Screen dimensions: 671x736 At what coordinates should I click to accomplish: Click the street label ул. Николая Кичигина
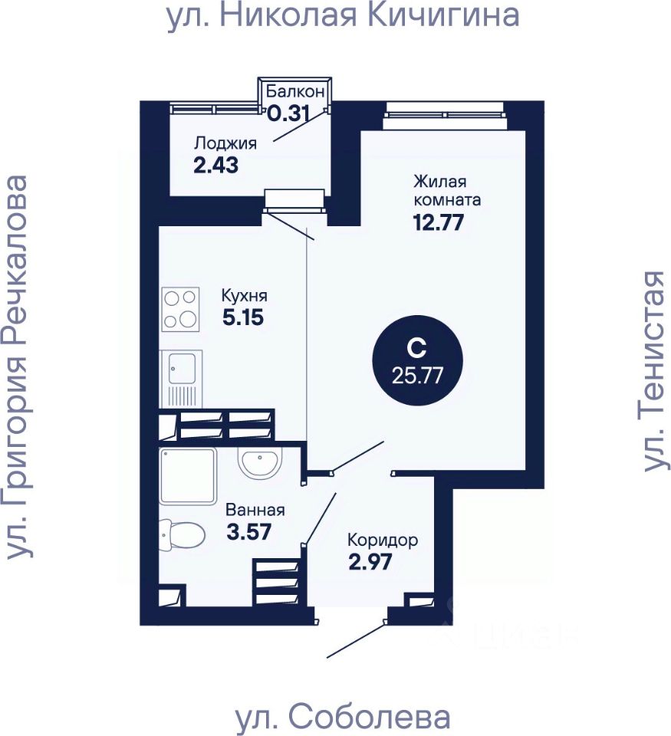343,16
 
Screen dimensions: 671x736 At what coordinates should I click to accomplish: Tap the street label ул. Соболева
342,718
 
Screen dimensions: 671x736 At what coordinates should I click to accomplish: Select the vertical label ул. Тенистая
653,370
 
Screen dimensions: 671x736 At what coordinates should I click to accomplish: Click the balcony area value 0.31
288,113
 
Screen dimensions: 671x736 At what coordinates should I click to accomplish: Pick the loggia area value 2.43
217,164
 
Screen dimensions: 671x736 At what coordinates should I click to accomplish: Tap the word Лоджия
225,143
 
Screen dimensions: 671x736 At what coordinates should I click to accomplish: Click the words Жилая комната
447,191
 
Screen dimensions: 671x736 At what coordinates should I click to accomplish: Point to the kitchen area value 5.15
243,317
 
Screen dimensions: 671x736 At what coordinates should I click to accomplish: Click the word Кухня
244,295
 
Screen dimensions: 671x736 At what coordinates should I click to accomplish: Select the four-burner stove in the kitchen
181,309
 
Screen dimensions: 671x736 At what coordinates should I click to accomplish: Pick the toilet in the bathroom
182,534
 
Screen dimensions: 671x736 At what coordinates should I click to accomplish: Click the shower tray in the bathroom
189,476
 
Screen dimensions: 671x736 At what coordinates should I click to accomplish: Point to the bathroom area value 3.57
249,531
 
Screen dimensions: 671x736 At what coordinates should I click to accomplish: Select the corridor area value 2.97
370,562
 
